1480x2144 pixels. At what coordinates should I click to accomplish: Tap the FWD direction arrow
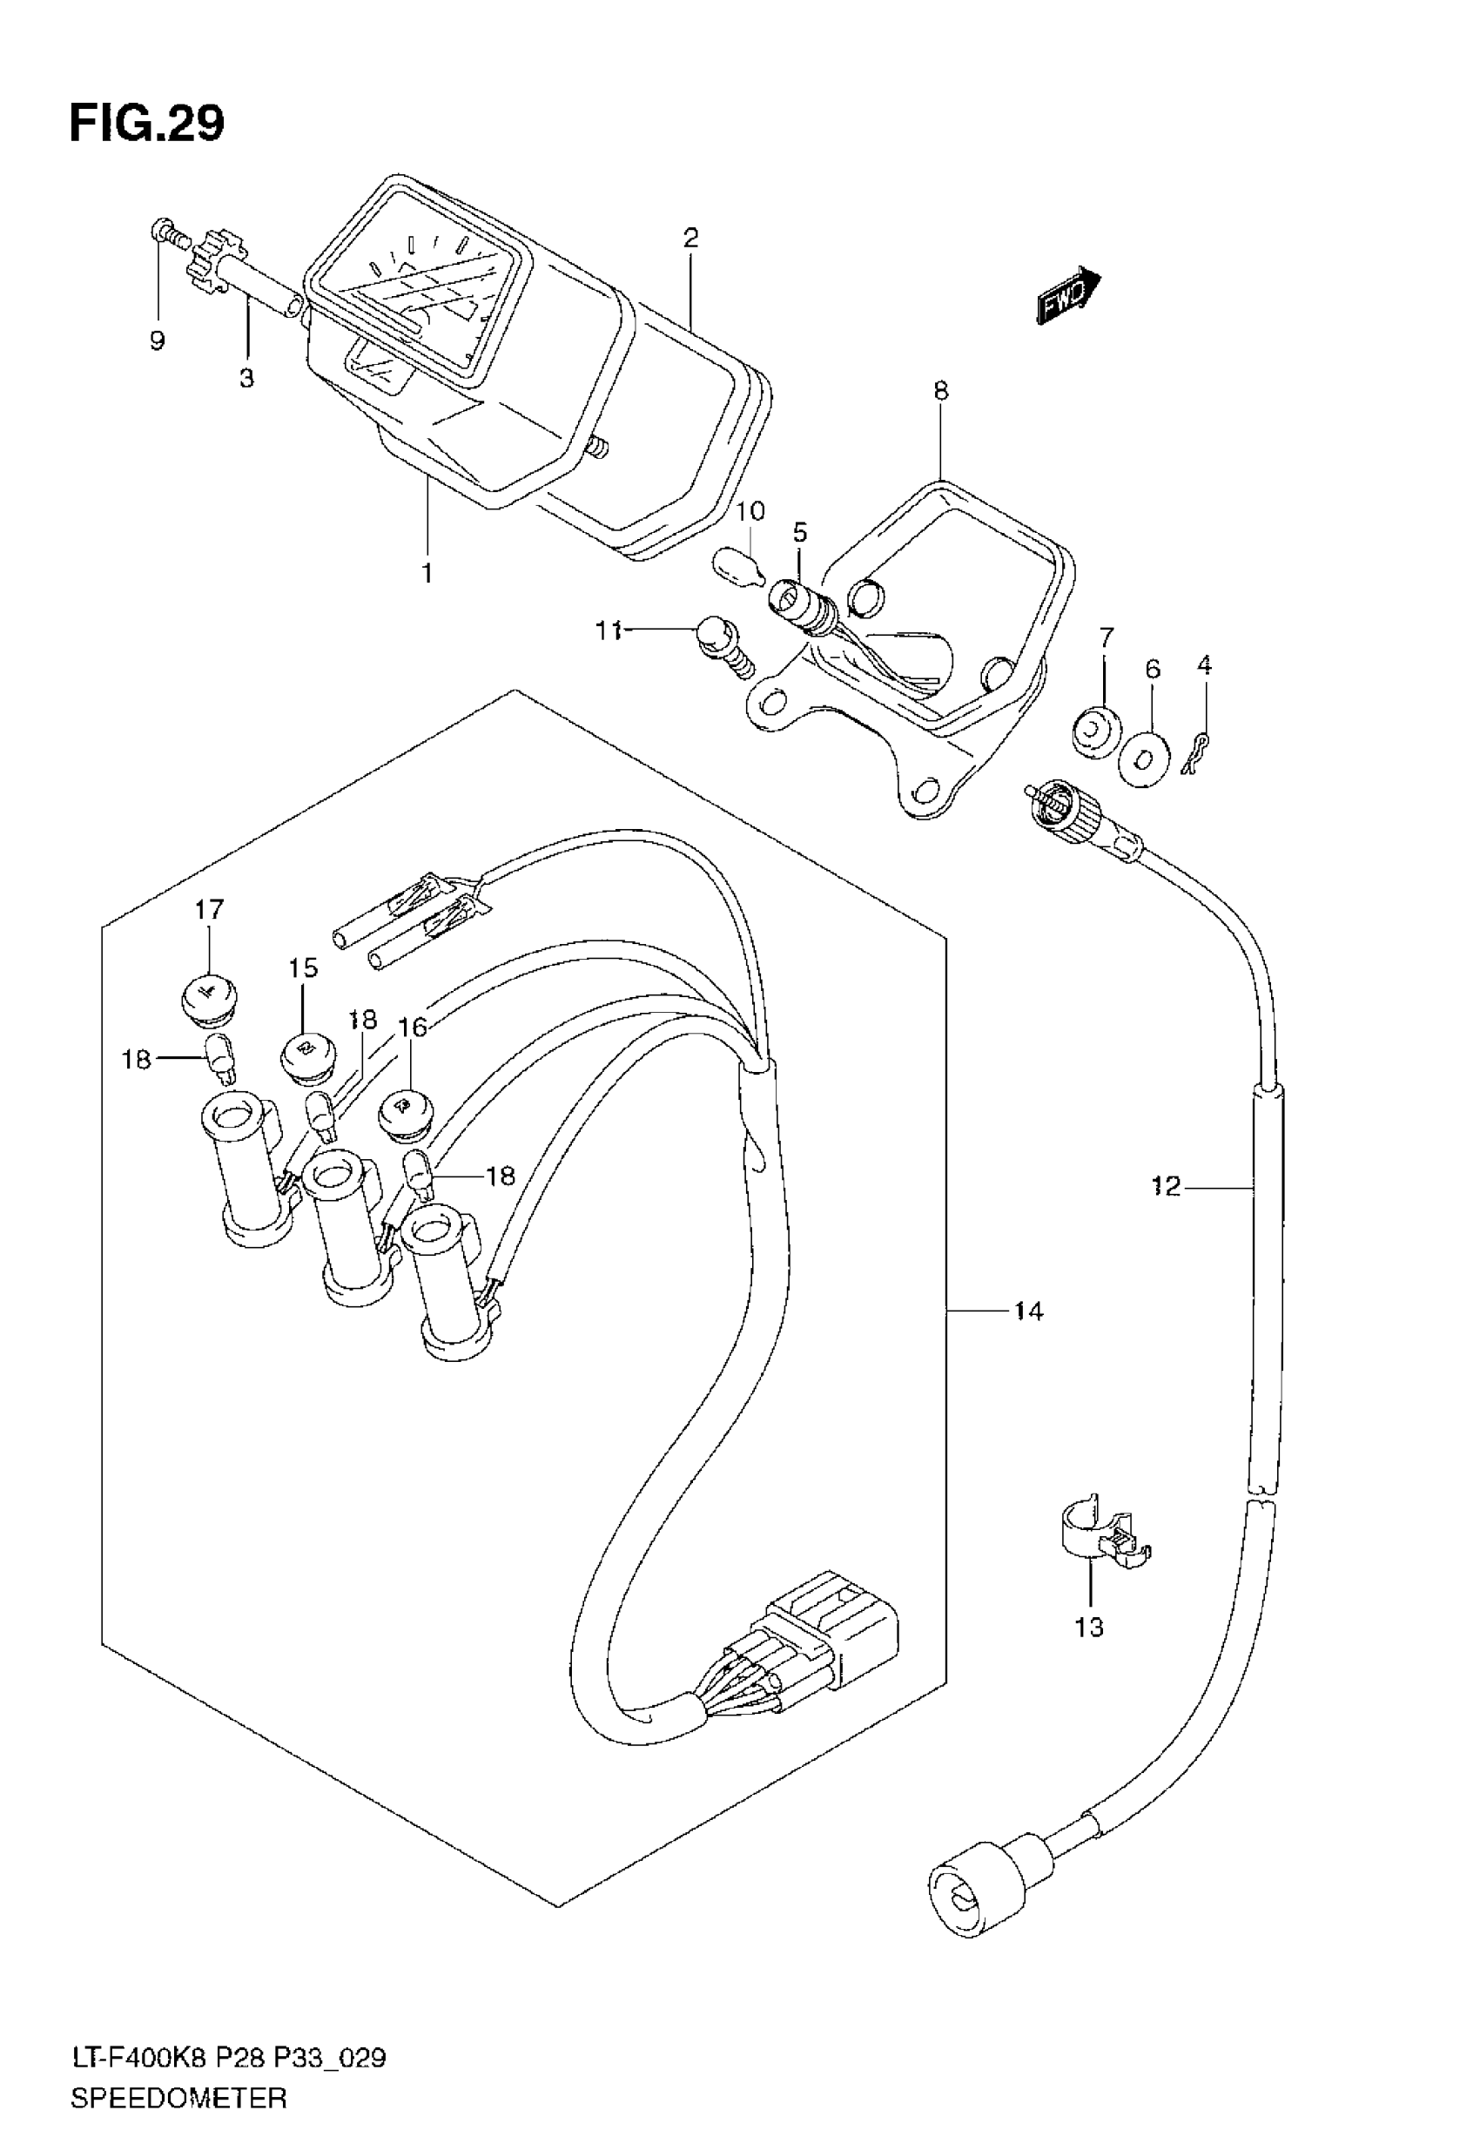click(x=1067, y=297)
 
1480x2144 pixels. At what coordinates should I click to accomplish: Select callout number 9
click(x=158, y=341)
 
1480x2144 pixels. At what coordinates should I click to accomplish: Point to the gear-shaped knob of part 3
click(x=214, y=260)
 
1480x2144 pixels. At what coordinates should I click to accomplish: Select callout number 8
click(x=940, y=391)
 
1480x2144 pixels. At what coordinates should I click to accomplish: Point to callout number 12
click(x=1166, y=1185)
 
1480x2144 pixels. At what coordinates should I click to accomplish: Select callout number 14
click(x=1028, y=1311)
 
